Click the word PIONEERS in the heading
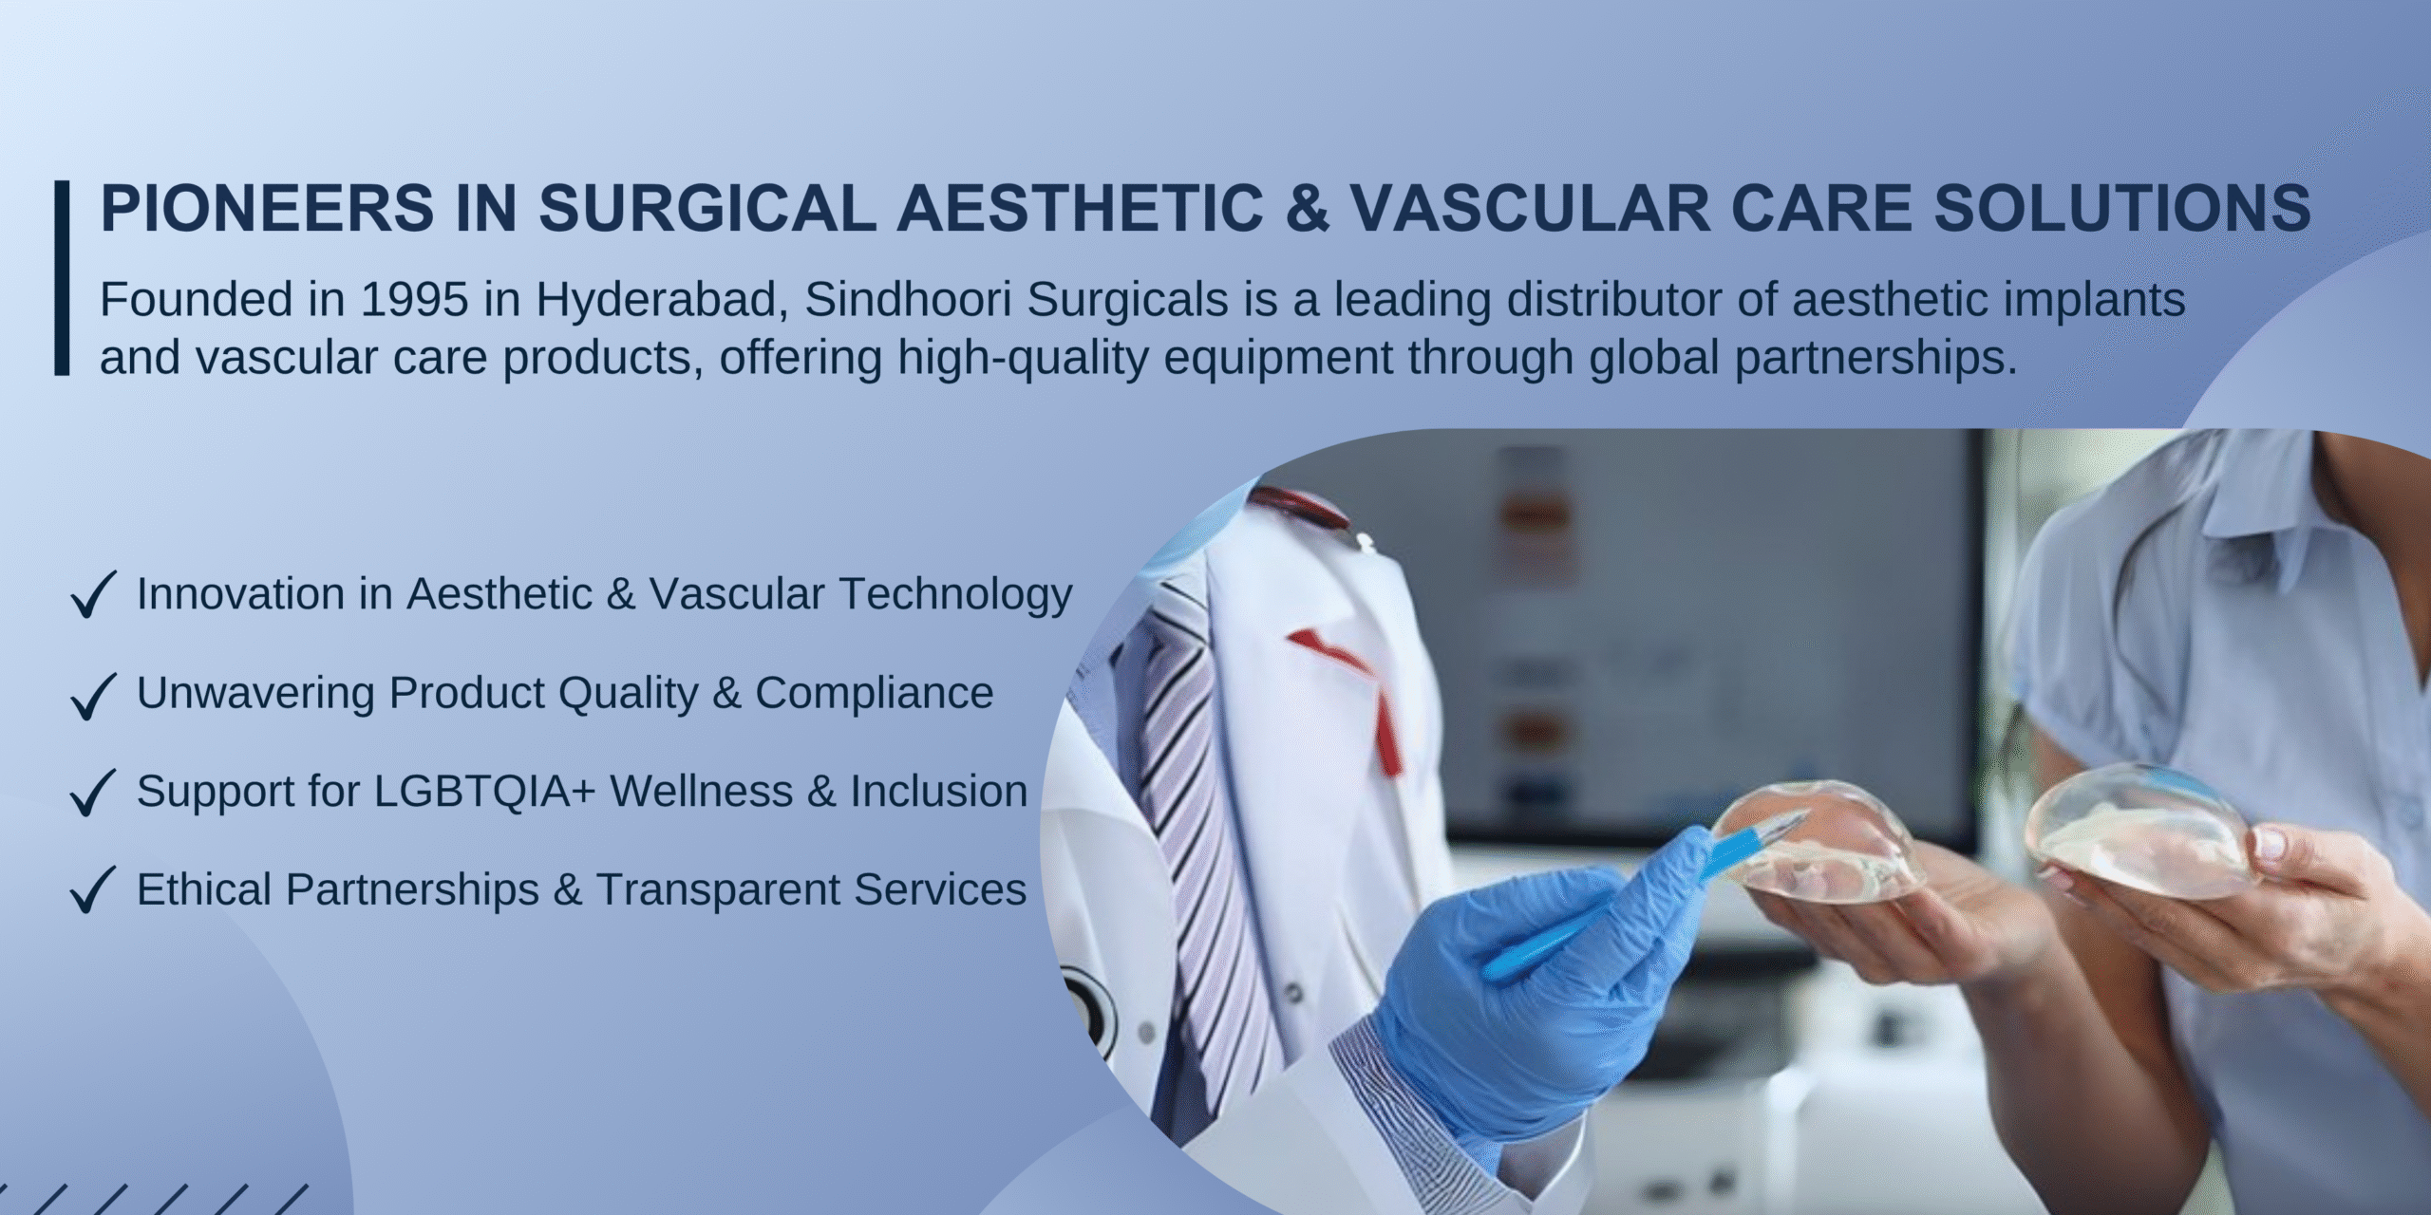267,208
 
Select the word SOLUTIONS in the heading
2123,208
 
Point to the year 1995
414,299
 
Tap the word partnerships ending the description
1875,359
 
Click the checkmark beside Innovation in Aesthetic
93,594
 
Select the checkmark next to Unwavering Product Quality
93,695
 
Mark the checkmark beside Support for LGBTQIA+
93,793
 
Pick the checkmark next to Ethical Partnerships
93,889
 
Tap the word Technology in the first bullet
955,595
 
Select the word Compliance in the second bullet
874,694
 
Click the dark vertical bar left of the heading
63,277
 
